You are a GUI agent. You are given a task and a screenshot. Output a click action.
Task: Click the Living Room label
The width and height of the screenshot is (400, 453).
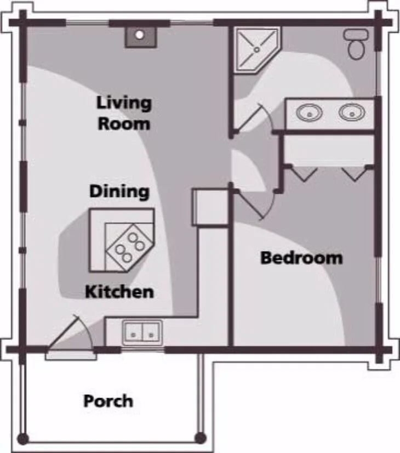[124, 113]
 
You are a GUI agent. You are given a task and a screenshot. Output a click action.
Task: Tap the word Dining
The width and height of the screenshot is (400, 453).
[119, 191]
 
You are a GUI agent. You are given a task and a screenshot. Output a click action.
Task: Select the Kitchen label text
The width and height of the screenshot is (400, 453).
[119, 292]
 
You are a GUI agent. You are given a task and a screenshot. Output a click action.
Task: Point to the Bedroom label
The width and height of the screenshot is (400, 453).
[301, 258]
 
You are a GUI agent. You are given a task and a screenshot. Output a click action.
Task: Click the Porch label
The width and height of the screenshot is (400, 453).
[108, 401]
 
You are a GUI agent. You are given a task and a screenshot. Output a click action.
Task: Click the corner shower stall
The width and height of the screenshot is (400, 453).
[257, 50]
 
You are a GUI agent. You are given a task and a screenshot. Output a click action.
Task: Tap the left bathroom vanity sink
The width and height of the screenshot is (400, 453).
[310, 112]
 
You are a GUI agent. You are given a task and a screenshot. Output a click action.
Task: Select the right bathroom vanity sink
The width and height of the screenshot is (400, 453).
[352, 112]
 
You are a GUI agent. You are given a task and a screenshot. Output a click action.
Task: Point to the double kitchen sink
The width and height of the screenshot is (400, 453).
[142, 333]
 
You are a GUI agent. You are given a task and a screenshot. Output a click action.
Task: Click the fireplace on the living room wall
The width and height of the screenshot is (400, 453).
[141, 37]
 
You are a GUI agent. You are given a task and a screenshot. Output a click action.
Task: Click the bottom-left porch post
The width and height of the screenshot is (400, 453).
[24, 439]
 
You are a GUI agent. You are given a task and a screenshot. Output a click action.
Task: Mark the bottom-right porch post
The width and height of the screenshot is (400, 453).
[200, 438]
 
